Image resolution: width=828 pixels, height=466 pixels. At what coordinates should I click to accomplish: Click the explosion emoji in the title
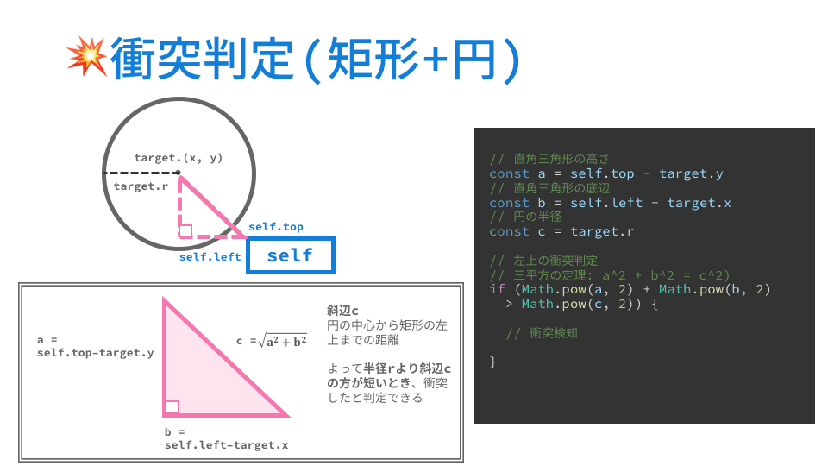click(85, 56)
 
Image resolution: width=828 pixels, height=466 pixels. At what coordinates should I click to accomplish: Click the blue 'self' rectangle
click(290, 255)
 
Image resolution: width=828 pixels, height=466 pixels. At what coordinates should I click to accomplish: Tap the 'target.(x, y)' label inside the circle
click(179, 157)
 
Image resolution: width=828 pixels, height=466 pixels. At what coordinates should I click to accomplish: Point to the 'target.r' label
click(140, 186)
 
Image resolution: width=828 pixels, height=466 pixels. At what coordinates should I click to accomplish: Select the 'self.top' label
click(276, 227)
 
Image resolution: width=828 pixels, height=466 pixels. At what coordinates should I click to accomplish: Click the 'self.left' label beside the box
click(210, 256)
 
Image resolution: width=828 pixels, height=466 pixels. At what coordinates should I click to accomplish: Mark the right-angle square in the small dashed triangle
click(185, 230)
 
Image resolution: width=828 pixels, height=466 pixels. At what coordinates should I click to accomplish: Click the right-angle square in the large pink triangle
click(172, 407)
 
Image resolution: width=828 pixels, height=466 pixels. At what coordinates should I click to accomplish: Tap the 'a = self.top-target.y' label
click(96, 346)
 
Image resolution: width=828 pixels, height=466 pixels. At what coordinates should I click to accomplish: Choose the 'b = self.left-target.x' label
click(226, 438)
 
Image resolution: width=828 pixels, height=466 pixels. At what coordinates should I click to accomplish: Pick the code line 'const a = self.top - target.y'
click(605, 173)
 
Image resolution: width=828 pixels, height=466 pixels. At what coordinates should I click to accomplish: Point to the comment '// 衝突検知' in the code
click(541, 332)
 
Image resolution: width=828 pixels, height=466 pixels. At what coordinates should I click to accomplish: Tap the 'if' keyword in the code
click(496, 289)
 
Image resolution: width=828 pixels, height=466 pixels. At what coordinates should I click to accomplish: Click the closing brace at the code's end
click(493, 361)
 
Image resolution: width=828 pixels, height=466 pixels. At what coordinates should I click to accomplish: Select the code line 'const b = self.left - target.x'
click(610, 203)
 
